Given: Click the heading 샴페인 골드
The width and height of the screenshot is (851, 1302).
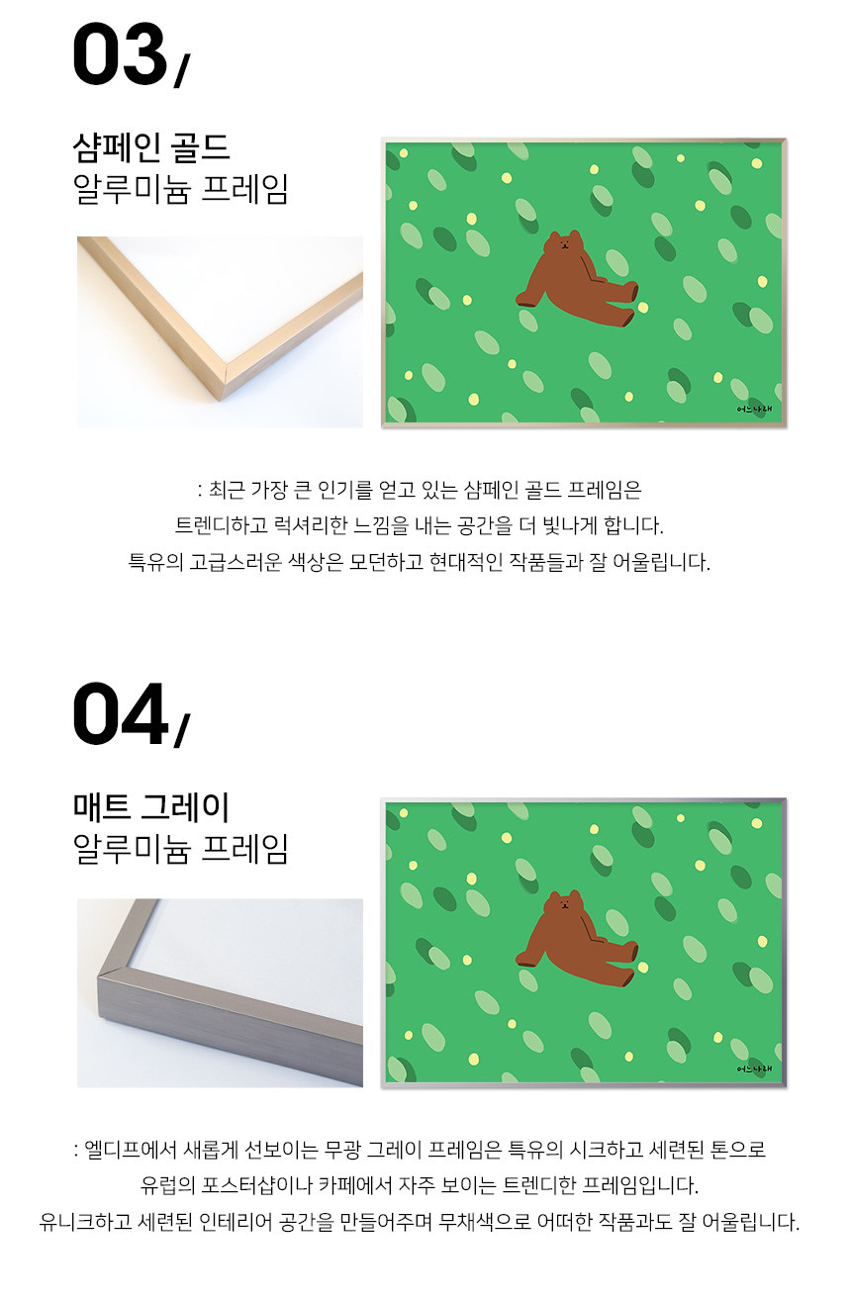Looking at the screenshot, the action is pos(151,147).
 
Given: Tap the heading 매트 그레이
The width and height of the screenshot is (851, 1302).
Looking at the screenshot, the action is pos(151,807).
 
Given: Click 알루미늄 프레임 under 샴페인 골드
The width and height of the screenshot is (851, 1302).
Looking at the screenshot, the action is pos(180,189).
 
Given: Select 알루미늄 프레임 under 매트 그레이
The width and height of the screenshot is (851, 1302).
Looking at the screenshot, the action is pos(180,849).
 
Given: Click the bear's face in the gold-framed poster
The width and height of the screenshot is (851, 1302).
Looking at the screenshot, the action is pos(564,243).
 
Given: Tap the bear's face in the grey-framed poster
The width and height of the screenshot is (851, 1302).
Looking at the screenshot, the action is pos(564,904).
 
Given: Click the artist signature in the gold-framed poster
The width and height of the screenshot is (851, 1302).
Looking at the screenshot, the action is pos(754,409).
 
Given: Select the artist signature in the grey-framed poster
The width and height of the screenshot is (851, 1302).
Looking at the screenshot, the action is pos(754,1069).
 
